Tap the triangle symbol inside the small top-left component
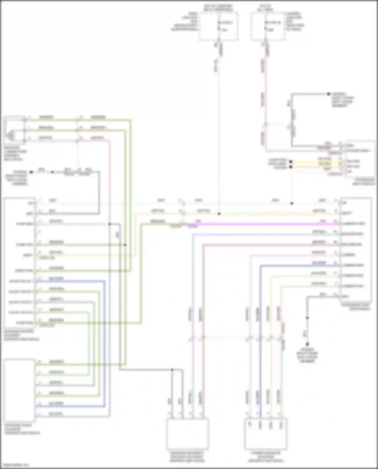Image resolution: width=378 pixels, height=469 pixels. pos(11,135)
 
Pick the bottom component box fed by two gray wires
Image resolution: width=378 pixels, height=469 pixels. pos(187,434)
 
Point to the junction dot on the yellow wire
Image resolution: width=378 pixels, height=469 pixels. pos(291,162)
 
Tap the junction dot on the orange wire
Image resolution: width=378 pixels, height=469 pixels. pos(291,167)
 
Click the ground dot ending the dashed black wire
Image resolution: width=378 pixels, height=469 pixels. pos(307,344)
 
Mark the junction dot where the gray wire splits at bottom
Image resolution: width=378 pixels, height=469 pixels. pos(172,370)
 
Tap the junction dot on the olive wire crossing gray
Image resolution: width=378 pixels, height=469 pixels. pos(125,245)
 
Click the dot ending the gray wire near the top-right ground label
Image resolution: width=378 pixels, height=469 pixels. pos(328,94)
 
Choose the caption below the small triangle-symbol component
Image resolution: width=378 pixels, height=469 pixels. pos(15,153)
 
